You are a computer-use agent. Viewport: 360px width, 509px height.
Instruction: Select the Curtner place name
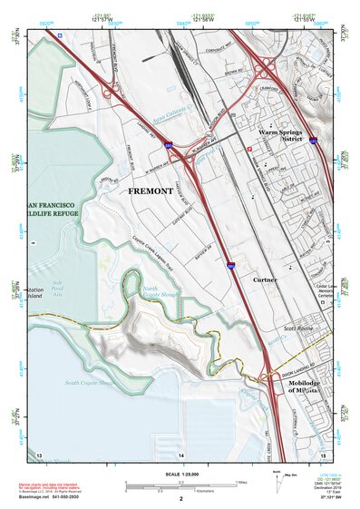[265, 280]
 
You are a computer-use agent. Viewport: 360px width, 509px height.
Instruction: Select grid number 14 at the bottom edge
[180, 453]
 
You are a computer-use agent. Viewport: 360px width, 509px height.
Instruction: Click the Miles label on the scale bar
[240, 481]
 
